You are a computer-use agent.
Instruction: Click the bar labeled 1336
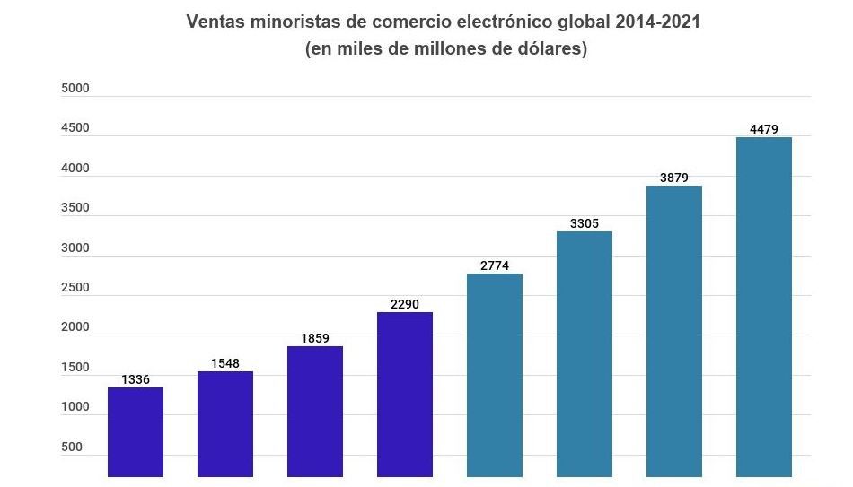pyautogui.click(x=136, y=431)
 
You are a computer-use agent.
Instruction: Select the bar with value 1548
pyautogui.click(x=225, y=423)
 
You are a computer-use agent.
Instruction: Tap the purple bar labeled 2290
pyautogui.click(x=405, y=394)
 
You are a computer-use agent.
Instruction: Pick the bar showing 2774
pyautogui.click(x=495, y=375)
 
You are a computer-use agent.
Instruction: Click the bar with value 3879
pyautogui.click(x=674, y=331)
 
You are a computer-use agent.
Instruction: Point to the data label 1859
pyautogui.click(x=315, y=338)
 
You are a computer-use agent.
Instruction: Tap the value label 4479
pyautogui.click(x=764, y=129)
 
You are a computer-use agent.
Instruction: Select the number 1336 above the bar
pyautogui.click(x=136, y=379)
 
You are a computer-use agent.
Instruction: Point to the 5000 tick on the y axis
pyautogui.click(x=75, y=88)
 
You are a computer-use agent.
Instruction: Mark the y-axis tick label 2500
pyautogui.click(x=75, y=287)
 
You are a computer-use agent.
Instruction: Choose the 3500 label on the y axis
pyautogui.click(x=75, y=207)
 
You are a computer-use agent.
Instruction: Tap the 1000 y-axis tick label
pyautogui.click(x=75, y=407)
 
